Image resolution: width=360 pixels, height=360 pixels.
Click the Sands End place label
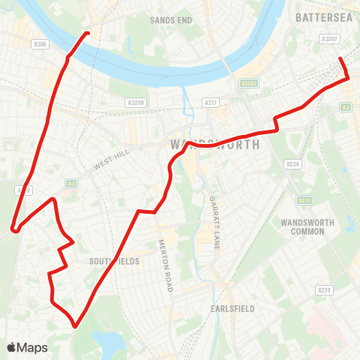point(171,19)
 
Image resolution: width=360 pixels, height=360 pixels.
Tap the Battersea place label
point(324,16)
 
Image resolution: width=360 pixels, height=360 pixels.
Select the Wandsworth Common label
point(302,226)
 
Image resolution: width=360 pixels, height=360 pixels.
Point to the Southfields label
point(110,262)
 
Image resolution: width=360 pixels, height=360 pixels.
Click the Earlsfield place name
point(233,308)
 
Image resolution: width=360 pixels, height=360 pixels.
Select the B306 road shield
point(40,45)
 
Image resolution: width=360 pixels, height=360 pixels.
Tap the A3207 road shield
point(328,38)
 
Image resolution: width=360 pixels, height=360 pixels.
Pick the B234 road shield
point(293,164)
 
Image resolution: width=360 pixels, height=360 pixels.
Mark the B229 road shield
point(324,289)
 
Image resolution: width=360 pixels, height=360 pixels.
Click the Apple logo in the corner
point(12,346)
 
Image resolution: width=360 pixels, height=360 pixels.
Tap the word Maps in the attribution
point(32,347)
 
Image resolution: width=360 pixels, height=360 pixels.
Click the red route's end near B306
point(88,33)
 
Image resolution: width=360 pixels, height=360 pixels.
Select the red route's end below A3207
point(340,58)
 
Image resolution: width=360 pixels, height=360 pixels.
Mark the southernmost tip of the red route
point(75,326)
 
